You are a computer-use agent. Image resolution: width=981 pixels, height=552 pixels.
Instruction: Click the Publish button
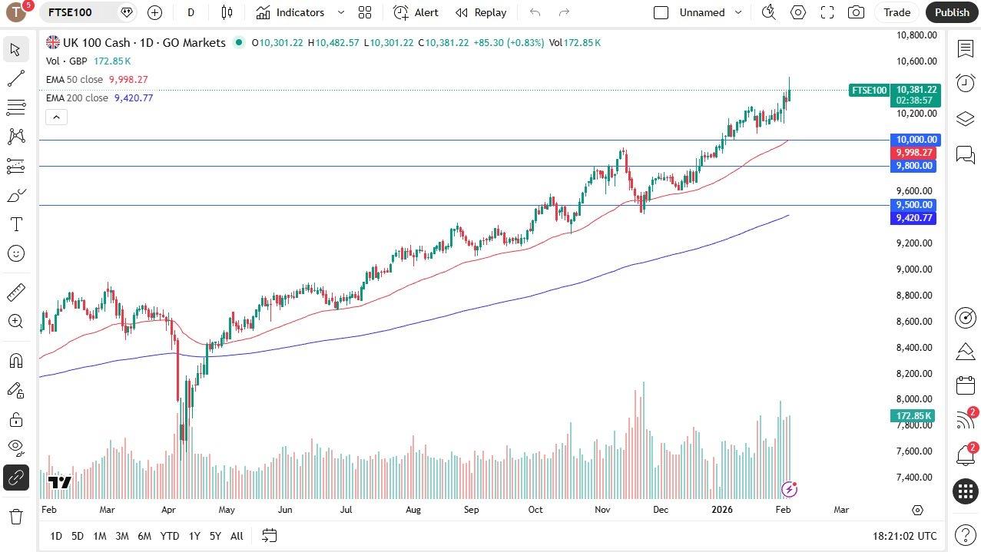952,12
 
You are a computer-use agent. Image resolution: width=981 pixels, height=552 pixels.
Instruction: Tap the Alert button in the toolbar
416,12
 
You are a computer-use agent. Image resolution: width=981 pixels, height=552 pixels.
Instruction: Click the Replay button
481,12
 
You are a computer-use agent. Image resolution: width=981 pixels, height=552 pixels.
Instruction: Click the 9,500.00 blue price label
913,205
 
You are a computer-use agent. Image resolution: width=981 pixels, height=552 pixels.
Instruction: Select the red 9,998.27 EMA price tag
913,153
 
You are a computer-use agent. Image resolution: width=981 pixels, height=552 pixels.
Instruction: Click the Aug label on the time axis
413,510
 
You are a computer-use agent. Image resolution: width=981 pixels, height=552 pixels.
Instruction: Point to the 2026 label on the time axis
722,510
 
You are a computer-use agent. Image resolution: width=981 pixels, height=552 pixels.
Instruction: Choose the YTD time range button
169,536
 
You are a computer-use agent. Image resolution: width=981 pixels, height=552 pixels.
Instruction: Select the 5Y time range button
215,536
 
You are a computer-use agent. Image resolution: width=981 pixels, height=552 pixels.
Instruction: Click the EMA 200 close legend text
77,98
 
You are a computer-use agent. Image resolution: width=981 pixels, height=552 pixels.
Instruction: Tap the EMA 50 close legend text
74,80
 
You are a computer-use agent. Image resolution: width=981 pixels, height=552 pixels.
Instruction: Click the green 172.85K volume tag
913,416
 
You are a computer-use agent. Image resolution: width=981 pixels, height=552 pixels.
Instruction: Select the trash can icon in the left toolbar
15,516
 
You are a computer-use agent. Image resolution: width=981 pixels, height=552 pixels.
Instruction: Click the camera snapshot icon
856,12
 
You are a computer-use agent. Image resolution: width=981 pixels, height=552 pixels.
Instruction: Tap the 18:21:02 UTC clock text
905,536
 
